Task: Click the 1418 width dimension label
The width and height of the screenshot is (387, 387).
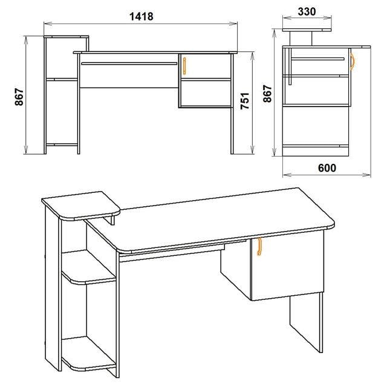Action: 141,16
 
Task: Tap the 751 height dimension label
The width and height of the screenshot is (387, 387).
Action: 246,101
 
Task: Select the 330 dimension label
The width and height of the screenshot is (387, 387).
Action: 307,11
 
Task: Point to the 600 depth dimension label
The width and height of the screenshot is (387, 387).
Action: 327,168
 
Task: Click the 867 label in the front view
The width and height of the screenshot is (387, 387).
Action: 19,97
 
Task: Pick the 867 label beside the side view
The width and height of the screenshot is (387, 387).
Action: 267,94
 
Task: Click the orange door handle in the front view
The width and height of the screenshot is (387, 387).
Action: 184,66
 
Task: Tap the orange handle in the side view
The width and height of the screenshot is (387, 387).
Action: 353,62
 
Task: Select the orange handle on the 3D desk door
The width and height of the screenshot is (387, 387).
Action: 259,246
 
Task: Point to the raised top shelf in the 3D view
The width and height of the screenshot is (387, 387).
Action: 80,206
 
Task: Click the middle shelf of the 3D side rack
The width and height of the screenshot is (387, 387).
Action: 89,268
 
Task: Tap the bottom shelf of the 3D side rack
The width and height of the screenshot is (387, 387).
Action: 89,353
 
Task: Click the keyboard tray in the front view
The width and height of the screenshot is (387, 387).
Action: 129,63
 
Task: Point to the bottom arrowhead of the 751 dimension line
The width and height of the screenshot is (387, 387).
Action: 252,151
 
